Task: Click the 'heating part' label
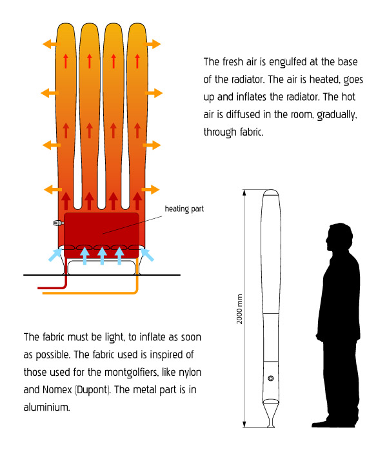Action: pyautogui.click(x=184, y=209)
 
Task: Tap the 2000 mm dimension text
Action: pyautogui.click(x=239, y=309)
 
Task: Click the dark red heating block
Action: pyautogui.click(x=101, y=235)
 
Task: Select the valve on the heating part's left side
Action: pyautogui.click(x=59, y=223)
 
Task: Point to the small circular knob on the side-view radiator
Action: pyautogui.click(x=271, y=378)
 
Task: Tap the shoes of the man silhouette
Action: pyautogui.click(x=334, y=423)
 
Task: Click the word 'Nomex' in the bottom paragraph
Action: pyautogui.click(x=57, y=390)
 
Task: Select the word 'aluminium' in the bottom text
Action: pyautogui.click(x=46, y=407)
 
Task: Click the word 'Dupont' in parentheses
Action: pyautogui.click(x=92, y=390)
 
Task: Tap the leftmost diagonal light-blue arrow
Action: pyautogui.click(x=55, y=254)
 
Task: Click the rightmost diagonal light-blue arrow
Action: pyautogui.click(x=147, y=254)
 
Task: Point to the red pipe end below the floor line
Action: pyautogui.click(x=39, y=288)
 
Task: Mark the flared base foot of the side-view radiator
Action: pyautogui.click(x=271, y=415)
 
